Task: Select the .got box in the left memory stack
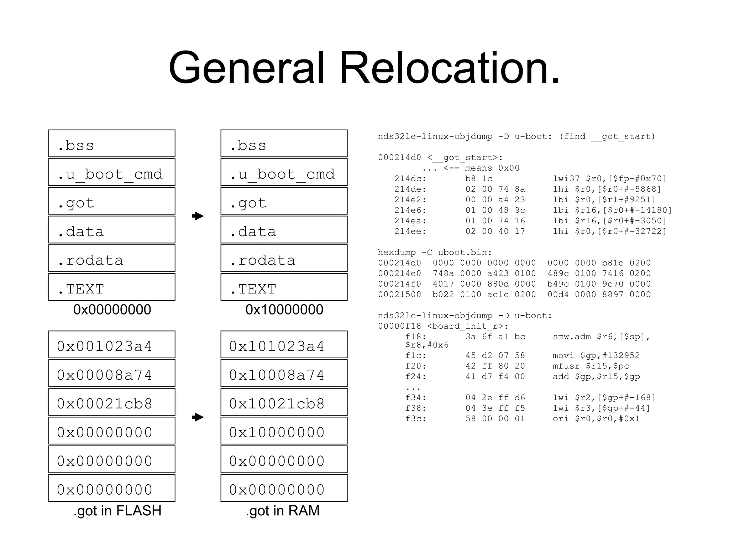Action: coord(112,201)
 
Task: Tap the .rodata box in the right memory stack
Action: coord(284,259)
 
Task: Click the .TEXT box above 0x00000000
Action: coord(112,287)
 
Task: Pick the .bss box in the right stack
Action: coord(284,144)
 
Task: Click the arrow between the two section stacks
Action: coord(198,216)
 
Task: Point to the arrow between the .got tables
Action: coord(198,417)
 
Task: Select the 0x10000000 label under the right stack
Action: coord(284,309)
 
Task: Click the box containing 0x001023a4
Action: coord(112,345)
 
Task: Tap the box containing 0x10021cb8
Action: coord(284,402)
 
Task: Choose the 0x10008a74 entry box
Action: coord(284,374)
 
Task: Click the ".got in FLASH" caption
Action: coord(117,511)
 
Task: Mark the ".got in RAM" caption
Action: coord(283,511)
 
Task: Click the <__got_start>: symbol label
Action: coord(465,157)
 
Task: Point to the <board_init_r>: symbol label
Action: coord(468,326)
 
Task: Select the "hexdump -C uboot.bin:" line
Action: coord(435,252)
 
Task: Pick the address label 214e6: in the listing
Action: coord(410,210)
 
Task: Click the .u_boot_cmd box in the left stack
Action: coord(112,172)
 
